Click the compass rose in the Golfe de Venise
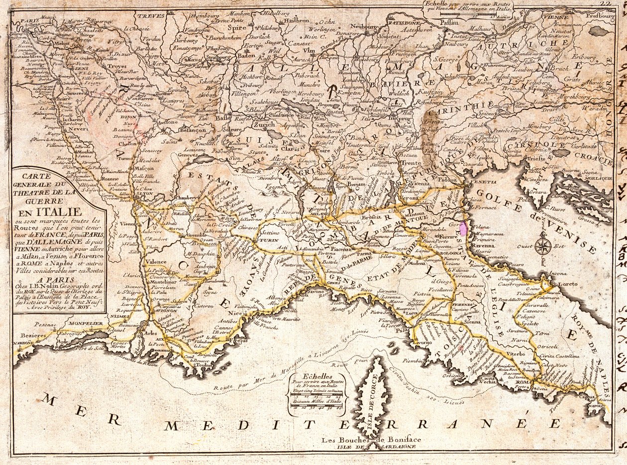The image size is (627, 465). point(543,245)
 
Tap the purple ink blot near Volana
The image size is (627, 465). point(463,229)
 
